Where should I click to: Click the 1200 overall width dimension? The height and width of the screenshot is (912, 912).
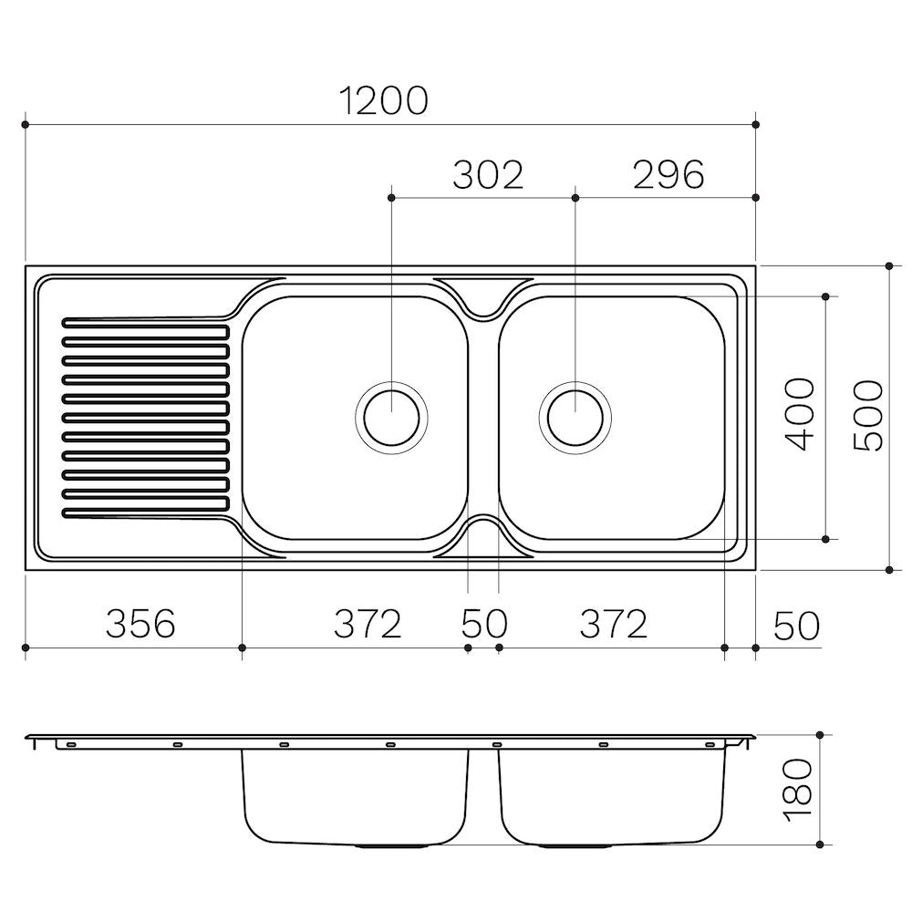click(x=383, y=100)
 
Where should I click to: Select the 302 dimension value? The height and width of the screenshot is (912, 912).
click(x=488, y=174)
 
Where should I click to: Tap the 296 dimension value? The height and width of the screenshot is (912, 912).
click(x=668, y=174)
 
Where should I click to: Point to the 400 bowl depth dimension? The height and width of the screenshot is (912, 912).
click(x=799, y=414)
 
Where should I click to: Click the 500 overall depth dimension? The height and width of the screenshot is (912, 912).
click(x=868, y=415)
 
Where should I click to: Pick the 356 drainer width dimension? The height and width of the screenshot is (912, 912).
click(x=140, y=624)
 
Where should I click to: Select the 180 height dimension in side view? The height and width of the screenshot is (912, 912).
click(x=798, y=790)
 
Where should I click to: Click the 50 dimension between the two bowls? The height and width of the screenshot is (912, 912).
click(x=484, y=624)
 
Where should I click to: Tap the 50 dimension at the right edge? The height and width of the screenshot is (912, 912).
click(x=796, y=626)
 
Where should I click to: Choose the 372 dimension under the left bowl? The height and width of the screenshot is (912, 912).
click(x=368, y=624)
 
